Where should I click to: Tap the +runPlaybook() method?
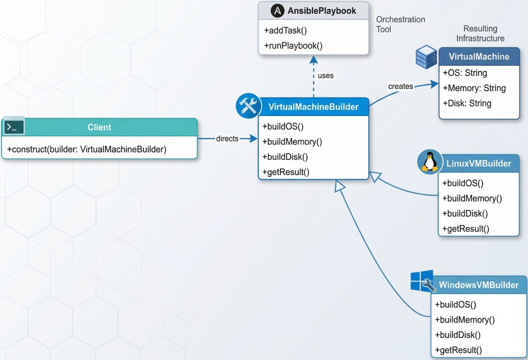click(293, 45)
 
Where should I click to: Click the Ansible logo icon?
click(278, 11)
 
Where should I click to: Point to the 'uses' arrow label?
click(326, 75)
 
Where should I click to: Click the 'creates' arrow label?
click(400, 86)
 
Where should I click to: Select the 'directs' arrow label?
click(227, 139)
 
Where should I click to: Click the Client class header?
click(99, 127)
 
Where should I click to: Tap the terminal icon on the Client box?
click(13, 127)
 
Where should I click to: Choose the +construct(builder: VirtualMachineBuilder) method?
click(87, 149)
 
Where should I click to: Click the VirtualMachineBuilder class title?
click(313, 107)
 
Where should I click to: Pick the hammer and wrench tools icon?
click(248, 106)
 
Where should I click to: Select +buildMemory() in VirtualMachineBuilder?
click(292, 142)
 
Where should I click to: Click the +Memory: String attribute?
click(474, 88)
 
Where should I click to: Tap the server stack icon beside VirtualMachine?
click(426, 57)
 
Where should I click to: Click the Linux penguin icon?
click(430, 162)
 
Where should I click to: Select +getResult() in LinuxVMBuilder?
click(466, 229)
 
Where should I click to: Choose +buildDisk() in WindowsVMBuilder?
click(458, 335)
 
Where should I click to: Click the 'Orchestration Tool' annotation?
click(400, 24)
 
